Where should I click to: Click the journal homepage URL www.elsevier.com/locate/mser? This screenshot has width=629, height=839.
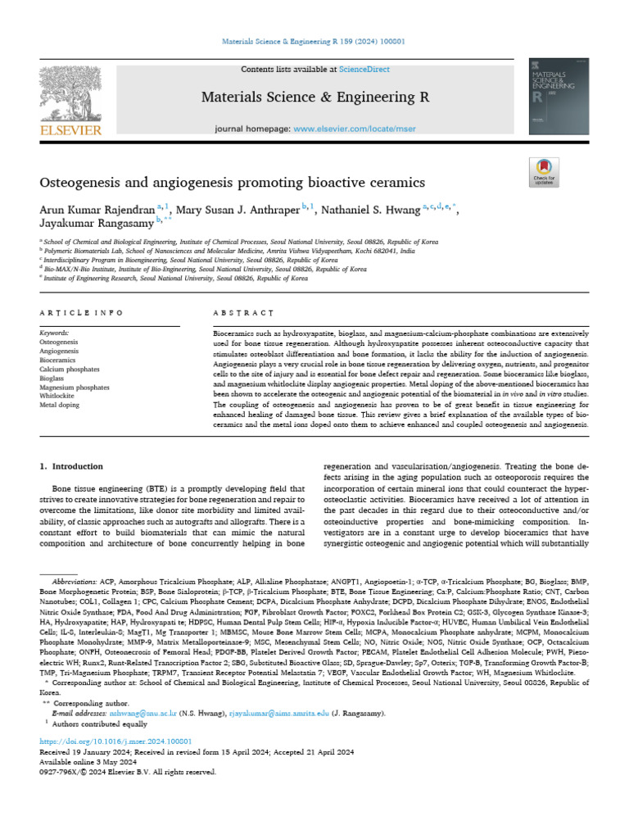pyautogui.click(x=344, y=129)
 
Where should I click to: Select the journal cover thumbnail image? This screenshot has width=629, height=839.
pyautogui.click(x=559, y=98)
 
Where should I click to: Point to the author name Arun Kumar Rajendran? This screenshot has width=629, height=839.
pyautogui.click(x=97, y=211)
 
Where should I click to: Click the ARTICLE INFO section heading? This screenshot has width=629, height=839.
pyautogui.click(x=81, y=313)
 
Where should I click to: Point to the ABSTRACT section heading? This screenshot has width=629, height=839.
pyautogui.click(x=243, y=313)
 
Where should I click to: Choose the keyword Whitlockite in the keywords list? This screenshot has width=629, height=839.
pyautogui.click(x=57, y=396)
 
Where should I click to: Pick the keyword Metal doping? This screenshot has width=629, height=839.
pyautogui.click(x=58, y=405)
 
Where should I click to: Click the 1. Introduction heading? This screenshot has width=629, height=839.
pyautogui.click(x=72, y=466)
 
